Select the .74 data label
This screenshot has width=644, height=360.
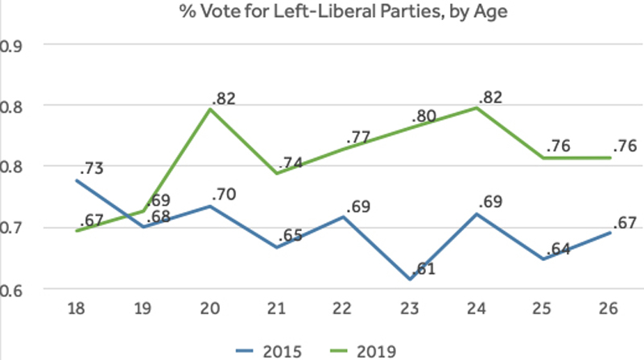pyautogui.click(x=291, y=162)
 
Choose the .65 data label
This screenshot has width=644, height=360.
pyautogui.click(x=291, y=236)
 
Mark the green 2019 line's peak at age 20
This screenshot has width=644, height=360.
pyautogui.click(x=210, y=109)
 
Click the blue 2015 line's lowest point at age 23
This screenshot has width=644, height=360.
pyautogui.click(x=411, y=279)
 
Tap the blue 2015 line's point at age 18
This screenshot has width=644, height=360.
pyautogui.click(x=76, y=180)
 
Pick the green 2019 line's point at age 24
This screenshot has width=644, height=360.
pyautogui.click(x=478, y=108)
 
